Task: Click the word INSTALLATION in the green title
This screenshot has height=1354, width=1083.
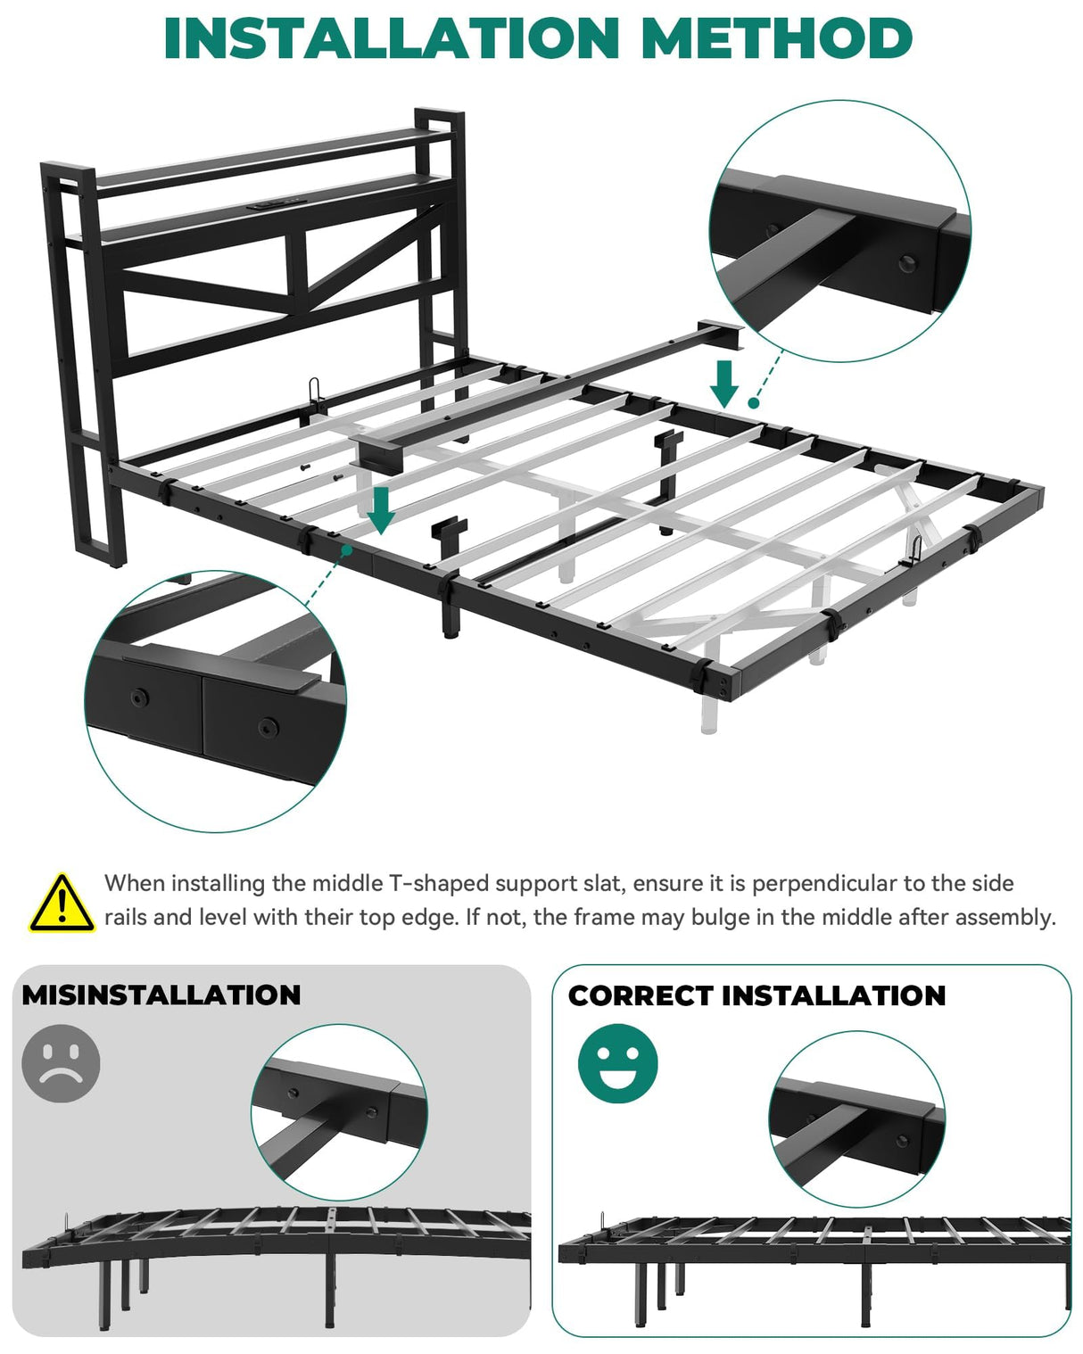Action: (x=393, y=38)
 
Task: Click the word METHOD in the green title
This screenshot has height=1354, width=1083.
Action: (x=776, y=38)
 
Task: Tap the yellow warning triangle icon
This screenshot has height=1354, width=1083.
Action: (x=61, y=904)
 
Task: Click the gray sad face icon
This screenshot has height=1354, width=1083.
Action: (x=61, y=1063)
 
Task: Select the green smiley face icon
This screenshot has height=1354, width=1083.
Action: (x=617, y=1063)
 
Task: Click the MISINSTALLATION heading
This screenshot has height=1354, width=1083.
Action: (x=161, y=995)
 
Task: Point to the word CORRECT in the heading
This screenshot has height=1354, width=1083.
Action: (x=639, y=995)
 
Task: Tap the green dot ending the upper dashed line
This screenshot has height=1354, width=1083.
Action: (x=754, y=403)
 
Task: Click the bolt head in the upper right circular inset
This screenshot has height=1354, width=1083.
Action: (x=908, y=263)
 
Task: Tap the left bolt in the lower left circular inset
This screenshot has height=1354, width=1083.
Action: (x=138, y=698)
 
